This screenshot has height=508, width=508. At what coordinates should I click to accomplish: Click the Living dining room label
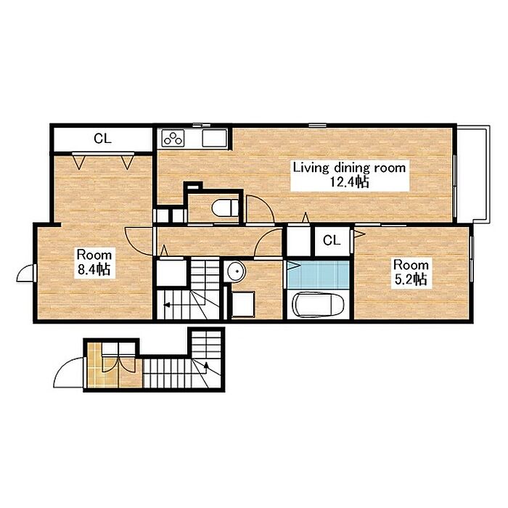coord(349,168)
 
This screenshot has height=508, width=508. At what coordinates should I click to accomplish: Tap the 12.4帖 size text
coord(349,182)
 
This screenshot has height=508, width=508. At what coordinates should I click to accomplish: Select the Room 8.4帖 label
coord(94,262)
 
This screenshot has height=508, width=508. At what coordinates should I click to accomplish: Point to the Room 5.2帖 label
coord(411,272)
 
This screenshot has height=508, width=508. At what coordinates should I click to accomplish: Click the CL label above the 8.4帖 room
coord(102,139)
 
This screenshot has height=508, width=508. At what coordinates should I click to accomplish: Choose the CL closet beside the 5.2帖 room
coord(332,240)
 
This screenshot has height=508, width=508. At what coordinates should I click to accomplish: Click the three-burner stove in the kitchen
coord(173,139)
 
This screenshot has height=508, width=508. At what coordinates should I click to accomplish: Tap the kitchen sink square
coord(214,139)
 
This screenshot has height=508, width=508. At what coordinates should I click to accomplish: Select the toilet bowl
coord(225,208)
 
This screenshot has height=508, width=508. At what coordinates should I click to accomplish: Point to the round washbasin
coord(236,271)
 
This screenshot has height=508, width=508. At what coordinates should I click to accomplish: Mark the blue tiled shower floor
coord(318,275)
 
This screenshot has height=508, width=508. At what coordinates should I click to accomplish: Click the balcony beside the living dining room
coord(472,174)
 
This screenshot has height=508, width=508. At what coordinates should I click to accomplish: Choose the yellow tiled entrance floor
coord(94,366)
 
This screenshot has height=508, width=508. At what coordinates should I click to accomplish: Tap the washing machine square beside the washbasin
coord(243,303)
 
